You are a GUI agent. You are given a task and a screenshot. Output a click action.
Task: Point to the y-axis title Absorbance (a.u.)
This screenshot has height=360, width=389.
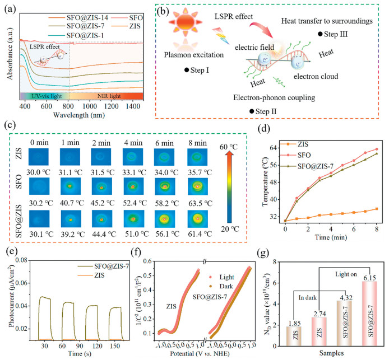tap(6, 53)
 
